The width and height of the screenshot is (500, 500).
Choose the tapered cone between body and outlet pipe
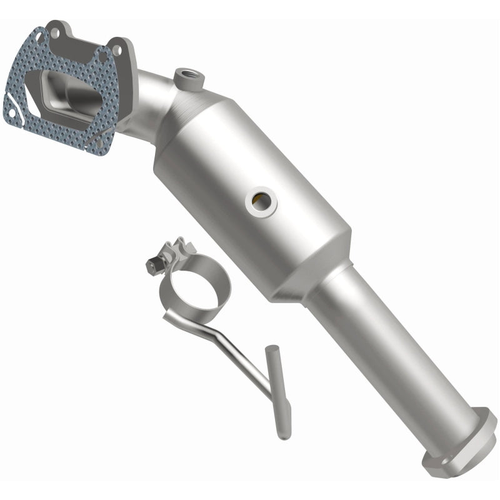click(x=312, y=275)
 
